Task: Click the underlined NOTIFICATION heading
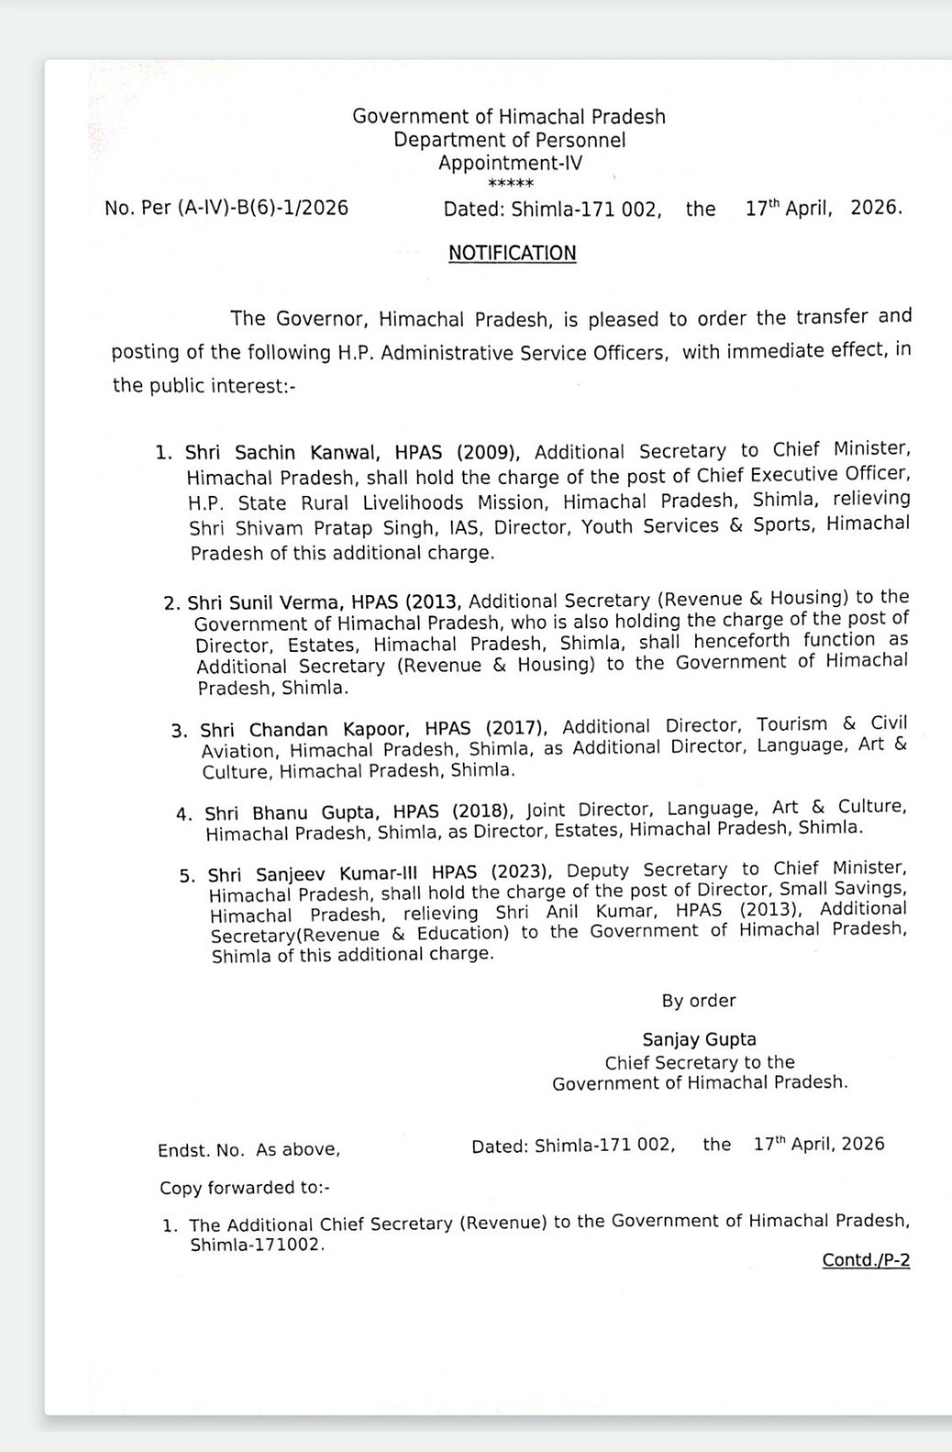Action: click(512, 253)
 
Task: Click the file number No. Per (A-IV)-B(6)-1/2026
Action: click(227, 208)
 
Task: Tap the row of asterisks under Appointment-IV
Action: click(510, 185)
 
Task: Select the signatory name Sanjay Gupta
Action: click(700, 1040)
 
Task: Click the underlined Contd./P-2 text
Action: click(866, 1260)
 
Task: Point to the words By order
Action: click(699, 1001)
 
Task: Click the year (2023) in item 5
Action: click(521, 872)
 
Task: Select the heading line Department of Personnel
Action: click(510, 141)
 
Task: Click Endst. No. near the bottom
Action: click(201, 1151)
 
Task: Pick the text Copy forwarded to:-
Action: click(245, 1188)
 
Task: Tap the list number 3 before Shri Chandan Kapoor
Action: click(179, 731)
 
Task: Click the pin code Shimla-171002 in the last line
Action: click(256, 1245)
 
